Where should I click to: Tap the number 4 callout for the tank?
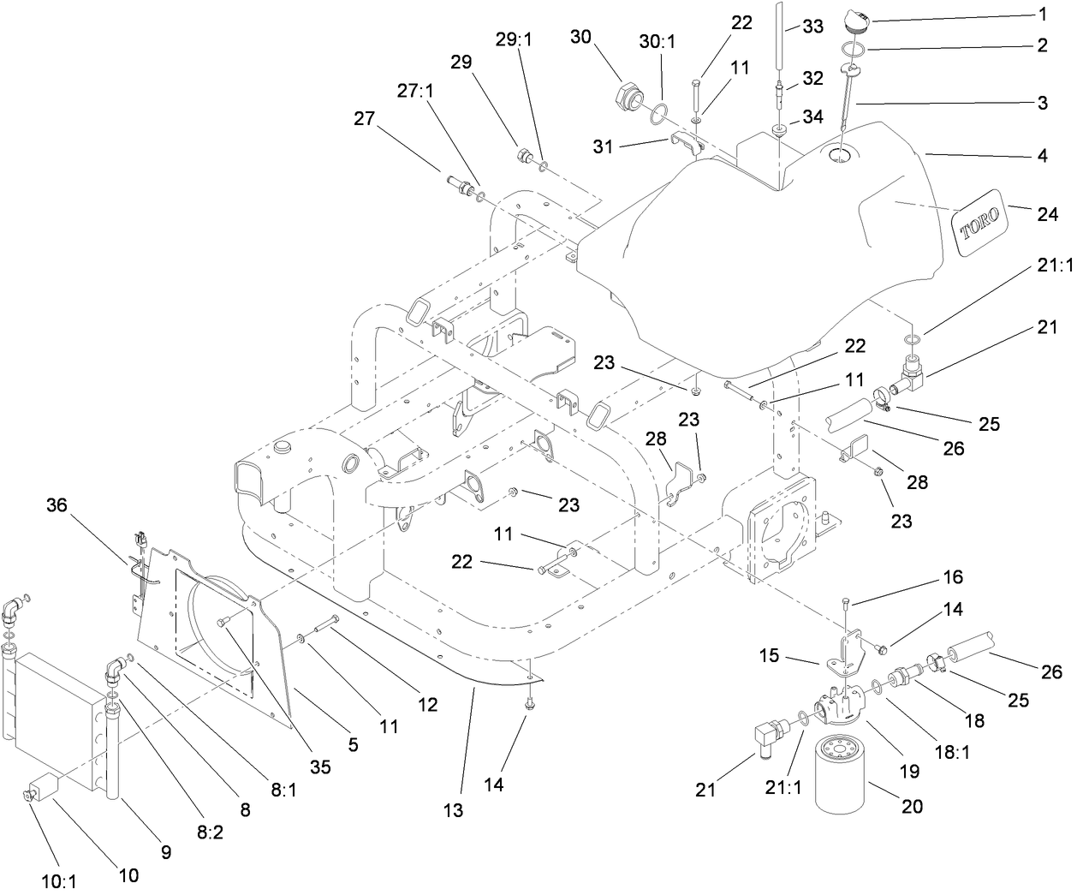pyautogui.click(x=1042, y=157)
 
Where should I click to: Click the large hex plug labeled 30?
pyautogui.click(x=628, y=93)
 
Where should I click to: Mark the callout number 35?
pyautogui.click(x=319, y=767)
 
